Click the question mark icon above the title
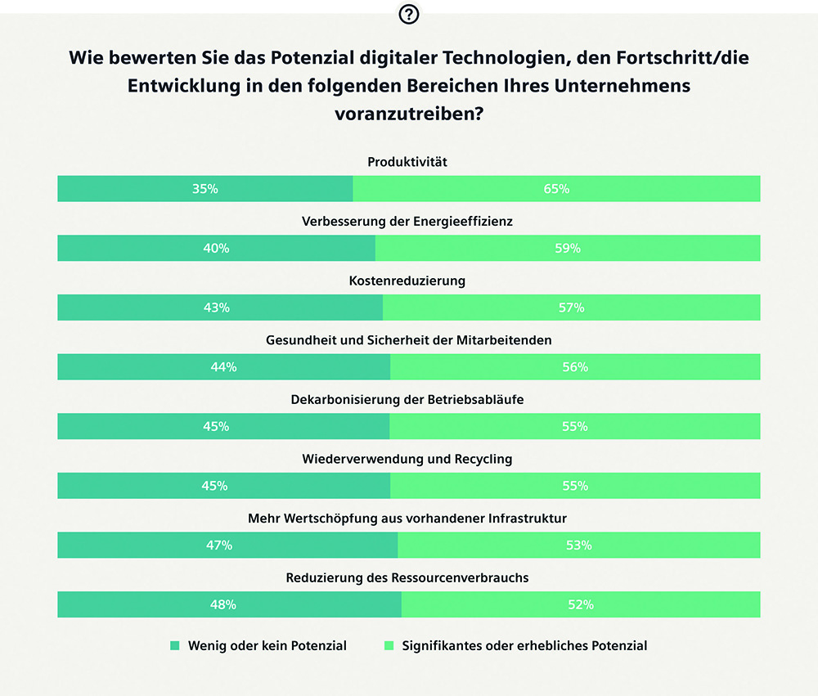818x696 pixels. point(408,14)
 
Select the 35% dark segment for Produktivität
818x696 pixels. point(204,189)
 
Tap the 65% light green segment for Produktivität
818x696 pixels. point(556,189)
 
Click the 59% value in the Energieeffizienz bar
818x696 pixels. point(568,248)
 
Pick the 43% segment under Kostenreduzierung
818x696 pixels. point(219,308)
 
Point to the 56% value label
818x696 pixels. point(575,367)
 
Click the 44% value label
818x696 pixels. point(223,367)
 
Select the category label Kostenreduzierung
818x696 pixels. point(407,281)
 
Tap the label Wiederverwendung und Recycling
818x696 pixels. point(407,459)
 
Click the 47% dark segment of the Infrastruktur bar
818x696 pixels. point(227,545)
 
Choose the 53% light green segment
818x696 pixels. point(579,545)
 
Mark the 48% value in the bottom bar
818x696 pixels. point(223,604)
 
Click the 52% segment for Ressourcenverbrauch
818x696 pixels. point(581,604)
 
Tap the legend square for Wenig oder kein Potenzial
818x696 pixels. point(174,645)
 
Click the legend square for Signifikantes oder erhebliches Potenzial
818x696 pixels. point(389,645)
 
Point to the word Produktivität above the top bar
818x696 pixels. point(407,162)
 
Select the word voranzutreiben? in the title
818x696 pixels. point(408,114)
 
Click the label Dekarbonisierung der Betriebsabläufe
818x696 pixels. point(407,400)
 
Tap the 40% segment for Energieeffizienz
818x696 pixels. point(216,248)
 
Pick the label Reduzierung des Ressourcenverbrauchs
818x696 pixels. point(407,577)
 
